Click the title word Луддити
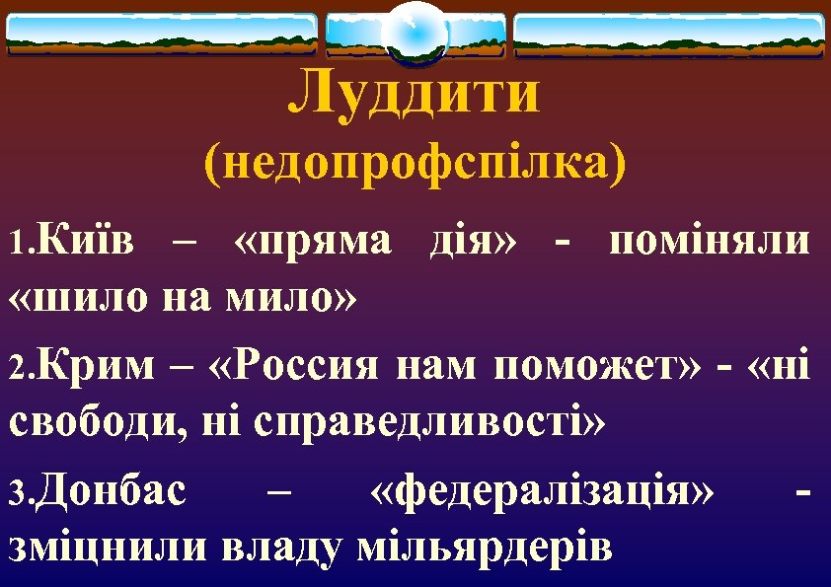[415, 93]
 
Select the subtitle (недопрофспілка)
[415, 162]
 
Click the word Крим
[98, 367]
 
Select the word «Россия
[296, 367]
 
